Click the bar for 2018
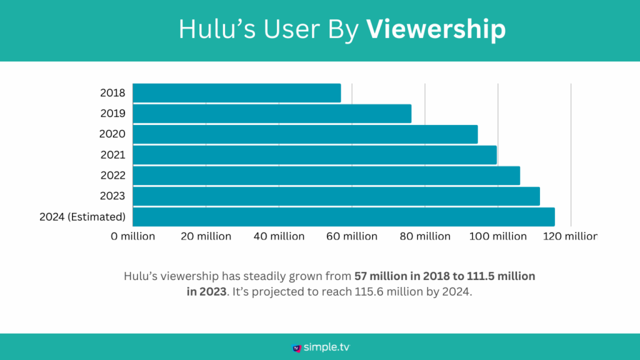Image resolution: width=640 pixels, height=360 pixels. pyautogui.click(x=237, y=93)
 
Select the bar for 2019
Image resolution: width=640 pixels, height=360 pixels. pyautogui.click(x=272, y=114)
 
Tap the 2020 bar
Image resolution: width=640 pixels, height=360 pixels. pyautogui.click(x=305, y=134)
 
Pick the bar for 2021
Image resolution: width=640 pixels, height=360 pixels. pyautogui.click(x=314, y=155)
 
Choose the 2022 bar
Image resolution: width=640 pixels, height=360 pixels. pyautogui.click(x=326, y=176)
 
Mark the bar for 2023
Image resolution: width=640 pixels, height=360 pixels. pyautogui.click(x=336, y=196)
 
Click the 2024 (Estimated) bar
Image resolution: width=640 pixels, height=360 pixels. pyautogui.click(x=344, y=217)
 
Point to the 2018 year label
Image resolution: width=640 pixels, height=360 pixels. pyautogui.click(x=112, y=93)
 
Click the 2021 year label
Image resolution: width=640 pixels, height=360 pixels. pyautogui.click(x=112, y=155)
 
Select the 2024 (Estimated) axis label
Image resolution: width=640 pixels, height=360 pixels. pyautogui.click(x=82, y=217)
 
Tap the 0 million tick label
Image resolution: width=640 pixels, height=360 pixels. pyautogui.click(x=133, y=236)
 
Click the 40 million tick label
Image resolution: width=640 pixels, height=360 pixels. pyautogui.click(x=279, y=236)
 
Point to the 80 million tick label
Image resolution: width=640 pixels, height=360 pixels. pyautogui.click(x=425, y=236)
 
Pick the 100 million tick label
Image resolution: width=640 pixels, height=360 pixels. pyautogui.click(x=498, y=236)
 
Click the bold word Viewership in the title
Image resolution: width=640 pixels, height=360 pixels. pyautogui.click(x=436, y=29)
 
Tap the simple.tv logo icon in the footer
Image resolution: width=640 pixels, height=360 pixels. pyautogui.click(x=297, y=347)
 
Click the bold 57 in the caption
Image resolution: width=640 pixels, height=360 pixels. pyautogui.click(x=361, y=276)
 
